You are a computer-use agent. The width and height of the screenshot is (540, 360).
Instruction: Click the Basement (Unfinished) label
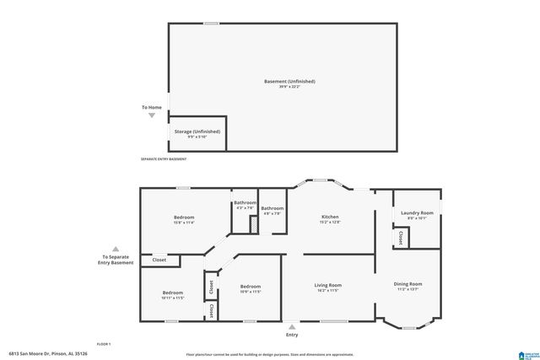tap(289, 82)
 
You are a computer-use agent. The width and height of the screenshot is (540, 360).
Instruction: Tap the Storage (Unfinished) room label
tap(197, 132)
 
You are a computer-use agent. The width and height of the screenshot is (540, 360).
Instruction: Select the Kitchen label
tap(330, 218)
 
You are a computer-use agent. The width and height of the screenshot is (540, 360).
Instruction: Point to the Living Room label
tap(329, 286)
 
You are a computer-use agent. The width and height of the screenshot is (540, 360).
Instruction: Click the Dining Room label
tap(408, 284)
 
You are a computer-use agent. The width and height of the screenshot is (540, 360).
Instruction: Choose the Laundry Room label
tap(417, 213)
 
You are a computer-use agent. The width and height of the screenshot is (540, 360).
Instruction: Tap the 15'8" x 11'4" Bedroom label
tap(183, 218)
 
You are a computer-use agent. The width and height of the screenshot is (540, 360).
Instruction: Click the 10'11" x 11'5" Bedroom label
tap(172, 293)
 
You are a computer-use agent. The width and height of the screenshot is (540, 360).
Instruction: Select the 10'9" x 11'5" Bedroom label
tap(251, 286)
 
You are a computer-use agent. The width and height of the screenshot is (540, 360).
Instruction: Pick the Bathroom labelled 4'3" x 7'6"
tap(245, 203)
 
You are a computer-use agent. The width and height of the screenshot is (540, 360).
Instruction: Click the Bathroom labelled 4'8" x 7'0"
tap(272, 208)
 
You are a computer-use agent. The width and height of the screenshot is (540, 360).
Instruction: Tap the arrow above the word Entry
tap(292, 326)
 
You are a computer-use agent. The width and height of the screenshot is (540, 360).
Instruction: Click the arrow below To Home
tap(152, 115)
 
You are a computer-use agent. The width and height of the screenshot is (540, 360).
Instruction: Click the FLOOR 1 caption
tap(104, 344)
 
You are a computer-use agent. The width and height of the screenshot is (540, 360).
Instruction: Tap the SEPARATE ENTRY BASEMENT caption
tap(163, 159)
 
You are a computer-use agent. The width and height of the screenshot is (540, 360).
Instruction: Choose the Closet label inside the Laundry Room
tap(399, 238)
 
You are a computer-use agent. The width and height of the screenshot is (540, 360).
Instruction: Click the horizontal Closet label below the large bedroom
tap(159, 261)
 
